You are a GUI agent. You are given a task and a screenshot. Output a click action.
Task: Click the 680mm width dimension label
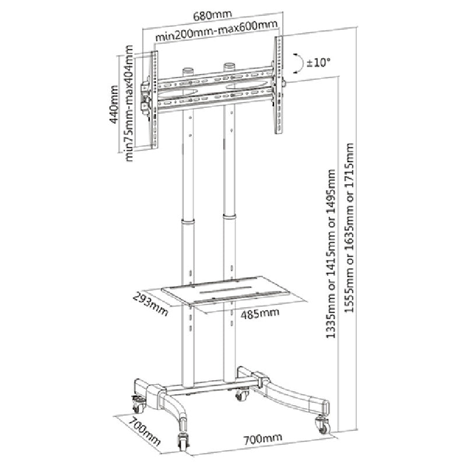click(x=212, y=16)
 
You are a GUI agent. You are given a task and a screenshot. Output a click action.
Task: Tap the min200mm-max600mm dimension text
click(x=216, y=31)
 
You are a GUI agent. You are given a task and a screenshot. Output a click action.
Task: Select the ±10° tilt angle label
click(x=318, y=63)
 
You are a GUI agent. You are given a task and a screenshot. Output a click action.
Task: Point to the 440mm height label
click(x=114, y=104)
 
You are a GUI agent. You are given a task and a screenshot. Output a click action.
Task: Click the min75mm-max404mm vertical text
click(x=129, y=103)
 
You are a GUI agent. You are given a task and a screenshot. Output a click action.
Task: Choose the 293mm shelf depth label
click(x=150, y=304)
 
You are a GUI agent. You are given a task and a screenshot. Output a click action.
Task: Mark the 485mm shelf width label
click(x=260, y=314)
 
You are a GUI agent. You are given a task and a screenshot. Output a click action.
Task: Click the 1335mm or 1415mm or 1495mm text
click(x=331, y=254)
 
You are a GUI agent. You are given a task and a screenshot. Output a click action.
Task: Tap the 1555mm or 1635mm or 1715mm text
click(x=349, y=228)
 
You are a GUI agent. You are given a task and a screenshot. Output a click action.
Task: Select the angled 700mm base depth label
click(x=145, y=430)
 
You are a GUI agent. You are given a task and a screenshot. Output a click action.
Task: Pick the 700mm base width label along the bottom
click(x=263, y=438)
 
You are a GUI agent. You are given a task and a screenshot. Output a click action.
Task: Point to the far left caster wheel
click(x=139, y=405)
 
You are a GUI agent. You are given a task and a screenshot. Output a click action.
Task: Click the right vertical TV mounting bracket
click(x=279, y=86)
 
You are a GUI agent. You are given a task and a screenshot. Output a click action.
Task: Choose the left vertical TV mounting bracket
click(x=154, y=100)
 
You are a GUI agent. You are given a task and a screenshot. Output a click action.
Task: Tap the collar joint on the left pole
click(x=188, y=222)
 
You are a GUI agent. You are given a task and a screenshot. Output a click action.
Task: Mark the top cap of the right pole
click(x=230, y=65)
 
